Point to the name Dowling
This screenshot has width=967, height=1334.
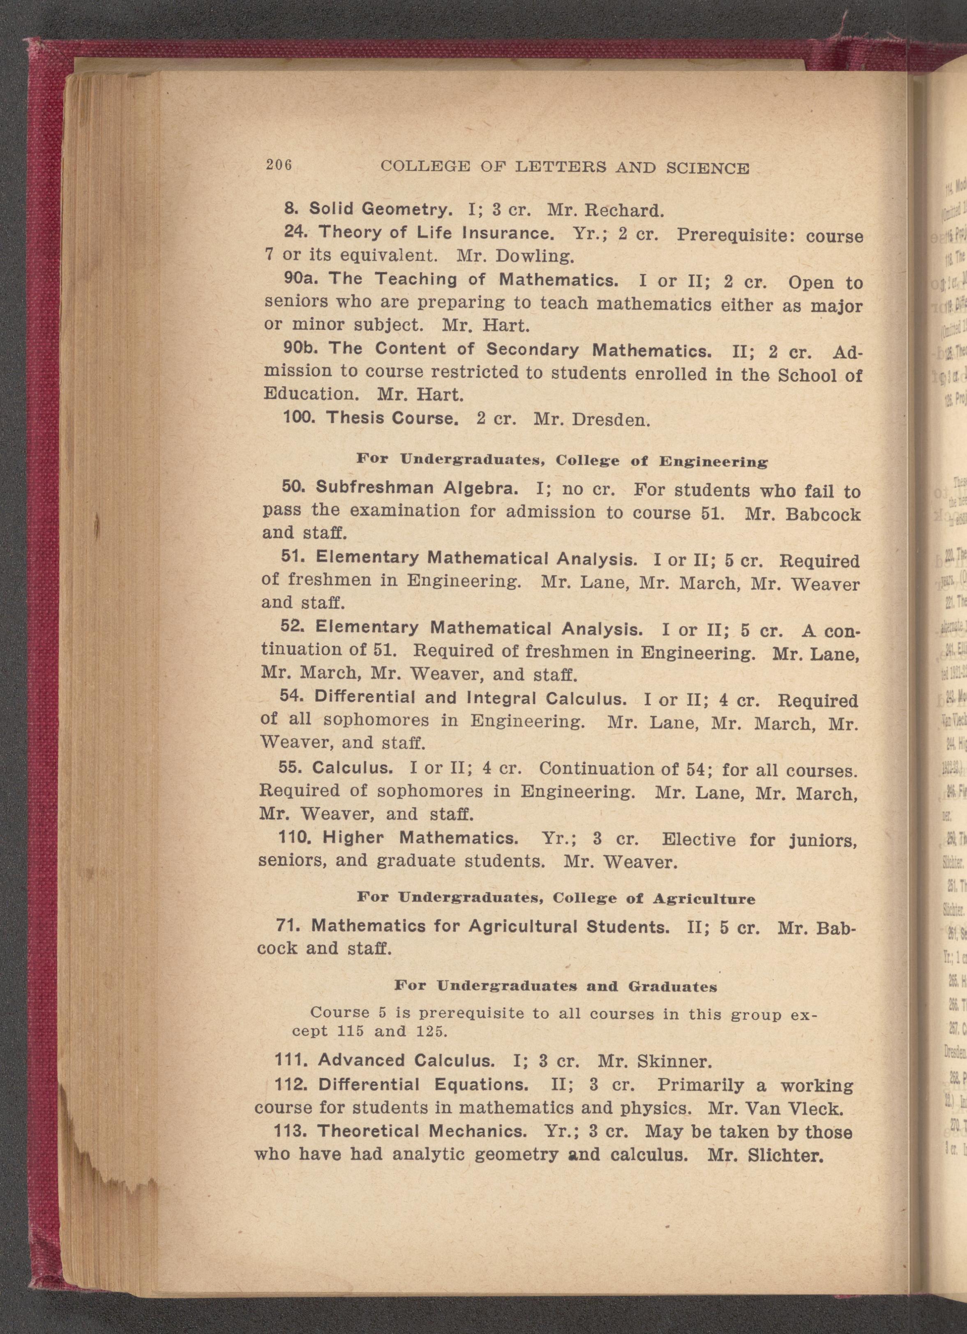click(533, 256)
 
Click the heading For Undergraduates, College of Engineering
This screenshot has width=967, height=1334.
click(562, 460)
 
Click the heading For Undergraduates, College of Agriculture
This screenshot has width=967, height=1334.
click(556, 899)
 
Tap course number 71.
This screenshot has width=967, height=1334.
click(288, 926)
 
